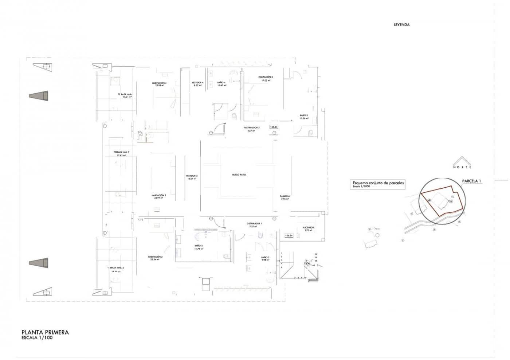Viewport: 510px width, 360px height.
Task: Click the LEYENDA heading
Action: click(x=401, y=25)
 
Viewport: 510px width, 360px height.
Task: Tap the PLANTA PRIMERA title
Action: click(x=45, y=332)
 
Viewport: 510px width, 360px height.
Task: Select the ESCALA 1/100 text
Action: click(x=37, y=338)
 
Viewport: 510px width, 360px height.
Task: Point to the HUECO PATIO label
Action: click(x=239, y=175)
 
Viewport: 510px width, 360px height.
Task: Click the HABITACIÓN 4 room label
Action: click(x=159, y=83)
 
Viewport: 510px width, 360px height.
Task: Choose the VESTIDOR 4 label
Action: click(x=197, y=83)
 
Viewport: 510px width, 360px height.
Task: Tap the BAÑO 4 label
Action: click(x=221, y=83)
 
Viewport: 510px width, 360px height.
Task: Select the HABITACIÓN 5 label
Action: click(x=265, y=77)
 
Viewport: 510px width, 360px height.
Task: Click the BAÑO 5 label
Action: click(x=304, y=116)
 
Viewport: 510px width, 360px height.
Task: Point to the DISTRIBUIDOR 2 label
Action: click(x=251, y=128)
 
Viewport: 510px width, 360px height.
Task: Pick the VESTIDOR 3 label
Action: click(x=192, y=176)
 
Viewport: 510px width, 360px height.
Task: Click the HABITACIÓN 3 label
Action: click(x=159, y=196)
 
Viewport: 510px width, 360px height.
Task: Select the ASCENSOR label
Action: click(x=308, y=228)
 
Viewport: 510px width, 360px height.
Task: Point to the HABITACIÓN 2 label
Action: click(x=155, y=257)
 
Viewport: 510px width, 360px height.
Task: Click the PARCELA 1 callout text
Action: click(x=471, y=181)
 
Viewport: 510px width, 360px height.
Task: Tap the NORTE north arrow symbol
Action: click(x=462, y=163)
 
